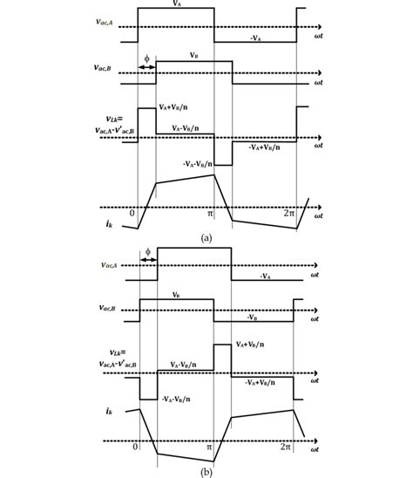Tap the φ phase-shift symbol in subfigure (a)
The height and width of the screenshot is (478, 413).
(146, 58)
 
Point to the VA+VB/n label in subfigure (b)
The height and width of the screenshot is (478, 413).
(252, 345)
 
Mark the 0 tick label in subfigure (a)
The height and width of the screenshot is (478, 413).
(133, 213)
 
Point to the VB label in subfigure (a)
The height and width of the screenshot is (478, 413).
(193, 54)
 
